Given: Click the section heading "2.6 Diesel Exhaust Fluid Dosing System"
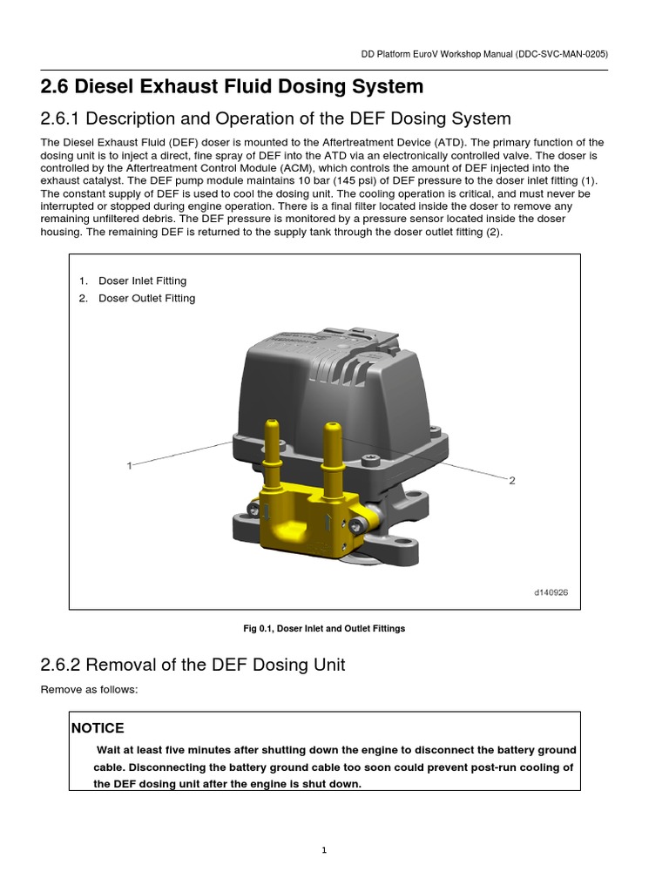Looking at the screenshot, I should (x=232, y=87).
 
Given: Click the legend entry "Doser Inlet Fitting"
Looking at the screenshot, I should (x=142, y=281).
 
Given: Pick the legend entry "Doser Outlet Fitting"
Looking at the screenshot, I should (x=146, y=299).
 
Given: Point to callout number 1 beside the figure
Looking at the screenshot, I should (x=129, y=466).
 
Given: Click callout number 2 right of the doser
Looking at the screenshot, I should (x=512, y=481).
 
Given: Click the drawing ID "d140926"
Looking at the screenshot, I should (x=551, y=592).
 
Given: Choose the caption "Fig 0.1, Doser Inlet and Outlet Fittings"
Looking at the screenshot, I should (x=324, y=629).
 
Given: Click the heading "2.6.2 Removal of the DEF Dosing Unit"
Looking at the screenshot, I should (x=193, y=666).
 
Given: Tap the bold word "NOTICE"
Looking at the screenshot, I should (x=98, y=728).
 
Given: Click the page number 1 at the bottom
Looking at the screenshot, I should (x=323, y=851).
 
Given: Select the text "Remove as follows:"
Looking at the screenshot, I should (x=90, y=690).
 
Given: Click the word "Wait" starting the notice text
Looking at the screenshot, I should (x=109, y=750).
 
